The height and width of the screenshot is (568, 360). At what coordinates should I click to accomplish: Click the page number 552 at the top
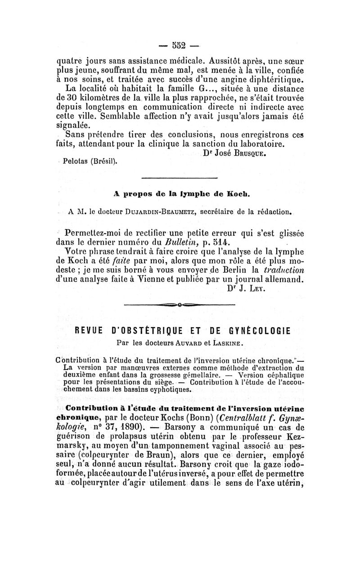pyautogui.click(x=179, y=45)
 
